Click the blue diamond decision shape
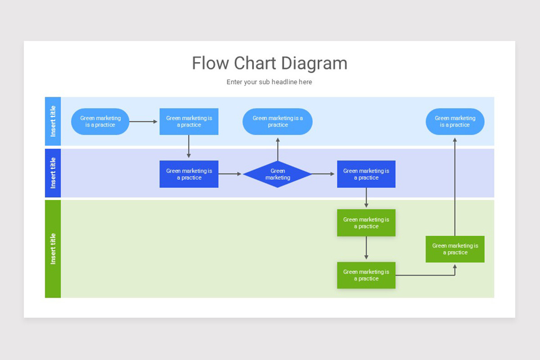[278, 174]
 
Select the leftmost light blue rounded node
[100, 121]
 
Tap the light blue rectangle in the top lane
[189, 121]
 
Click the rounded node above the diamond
[278, 121]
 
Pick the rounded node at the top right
[455, 121]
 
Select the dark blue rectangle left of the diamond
[189, 174]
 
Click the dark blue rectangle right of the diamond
[366, 174]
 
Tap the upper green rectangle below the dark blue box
[366, 223]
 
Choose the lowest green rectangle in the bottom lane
[366, 275]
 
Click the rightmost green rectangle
[455, 249]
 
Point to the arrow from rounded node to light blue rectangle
[144, 121]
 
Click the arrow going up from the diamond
[278, 148]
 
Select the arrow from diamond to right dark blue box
[324, 174]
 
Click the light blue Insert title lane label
[53, 121]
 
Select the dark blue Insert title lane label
[53, 173]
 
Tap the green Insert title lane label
[53, 249]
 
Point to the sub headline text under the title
[269, 82]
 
